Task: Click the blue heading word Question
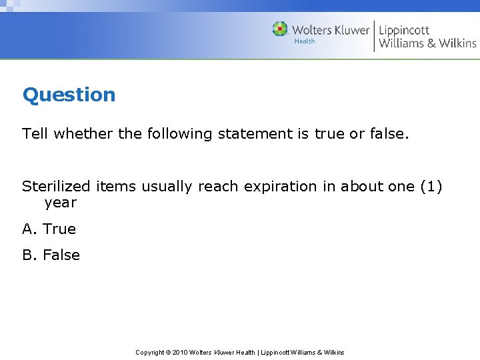(x=69, y=95)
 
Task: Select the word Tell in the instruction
(x=35, y=133)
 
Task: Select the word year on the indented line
(x=60, y=203)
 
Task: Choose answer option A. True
(x=49, y=229)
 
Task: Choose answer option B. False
(x=51, y=255)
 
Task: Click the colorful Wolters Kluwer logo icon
(x=280, y=29)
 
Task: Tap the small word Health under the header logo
(x=305, y=41)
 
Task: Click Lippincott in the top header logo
(x=404, y=30)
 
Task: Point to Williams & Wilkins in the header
(x=427, y=43)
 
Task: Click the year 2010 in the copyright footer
(x=180, y=352)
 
